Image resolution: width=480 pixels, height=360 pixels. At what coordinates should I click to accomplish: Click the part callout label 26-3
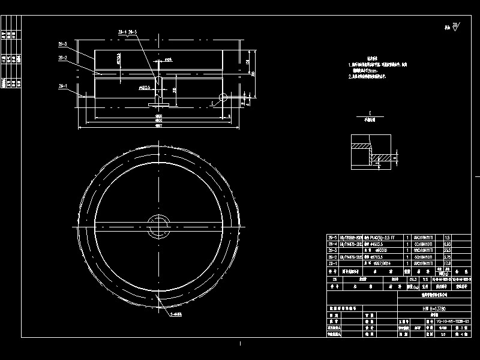[62, 44]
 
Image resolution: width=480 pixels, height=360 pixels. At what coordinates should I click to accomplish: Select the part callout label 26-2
[62, 58]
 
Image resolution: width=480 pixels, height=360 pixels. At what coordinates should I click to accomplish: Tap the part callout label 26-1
[62, 86]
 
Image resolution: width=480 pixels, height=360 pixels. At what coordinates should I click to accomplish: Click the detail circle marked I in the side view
[223, 97]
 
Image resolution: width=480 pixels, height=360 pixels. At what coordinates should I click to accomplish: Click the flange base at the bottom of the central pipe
[159, 105]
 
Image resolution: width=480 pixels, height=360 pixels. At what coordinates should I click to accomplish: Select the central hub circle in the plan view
[160, 224]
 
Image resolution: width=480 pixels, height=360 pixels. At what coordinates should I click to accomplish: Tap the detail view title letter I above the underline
[370, 112]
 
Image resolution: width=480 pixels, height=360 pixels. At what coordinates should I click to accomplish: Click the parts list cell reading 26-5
[332, 238]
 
